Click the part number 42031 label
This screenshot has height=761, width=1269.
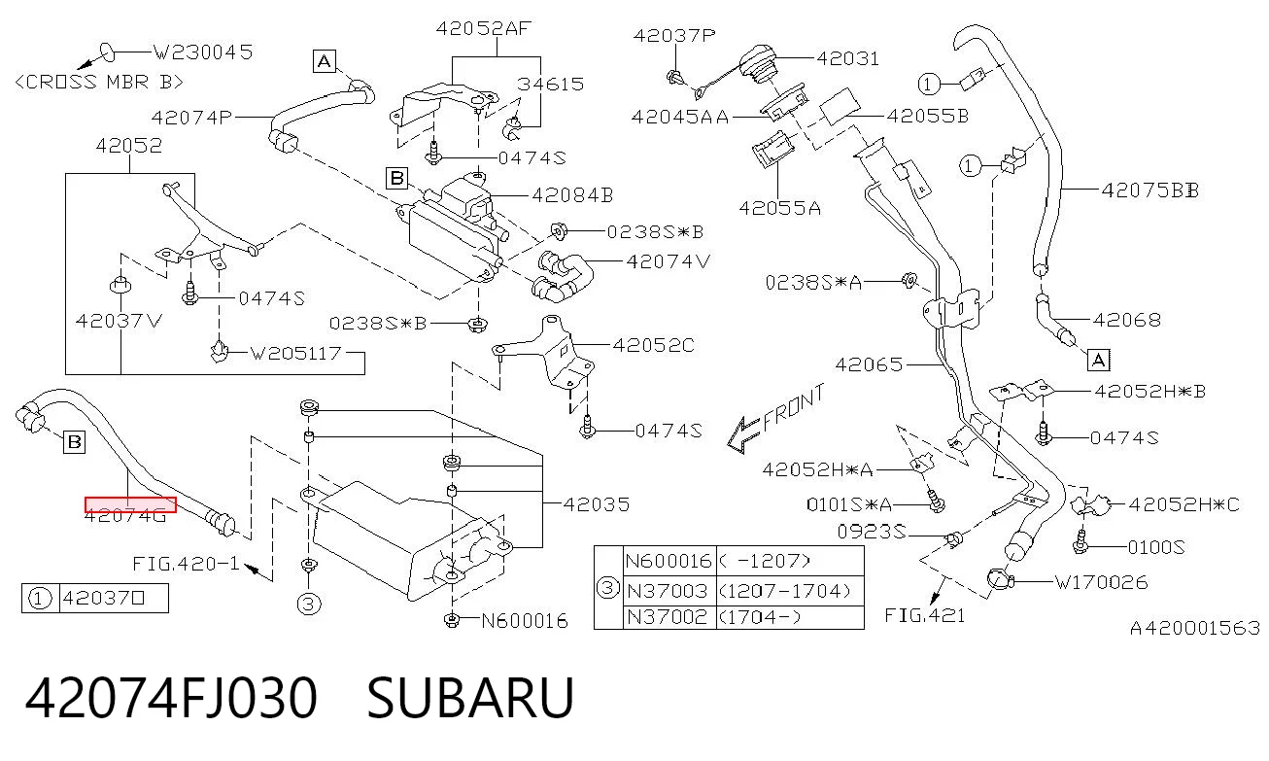pyautogui.click(x=847, y=58)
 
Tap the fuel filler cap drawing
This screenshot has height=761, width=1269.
pyautogui.click(x=759, y=64)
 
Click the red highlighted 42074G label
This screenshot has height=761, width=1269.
pyautogui.click(x=130, y=504)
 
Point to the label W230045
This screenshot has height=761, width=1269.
pyautogui.click(x=203, y=52)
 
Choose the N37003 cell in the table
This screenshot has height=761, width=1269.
pyautogui.click(x=668, y=591)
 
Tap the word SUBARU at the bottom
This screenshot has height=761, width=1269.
pyautogui.click(x=471, y=698)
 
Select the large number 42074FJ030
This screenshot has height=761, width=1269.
pyautogui.click(x=171, y=698)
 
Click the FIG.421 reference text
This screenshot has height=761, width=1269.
pyautogui.click(x=925, y=615)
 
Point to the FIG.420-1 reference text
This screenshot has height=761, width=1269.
pyautogui.click(x=186, y=564)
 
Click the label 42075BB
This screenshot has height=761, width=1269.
pyautogui.click(x=1150, y=190)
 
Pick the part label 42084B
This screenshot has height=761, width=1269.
pyautogui.click(x=572, y=195)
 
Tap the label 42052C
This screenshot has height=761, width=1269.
pyautogui.click(x=654, y=345)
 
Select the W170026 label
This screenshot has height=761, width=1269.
pyautogui.click(x=1101, y=582)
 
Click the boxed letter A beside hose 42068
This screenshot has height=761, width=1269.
pyautogui.click(x=1099, y=361)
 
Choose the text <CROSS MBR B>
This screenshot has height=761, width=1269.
pyautogui.click(x=99, y=83)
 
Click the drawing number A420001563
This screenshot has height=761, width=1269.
pyautogui.click(x=1195, y=628)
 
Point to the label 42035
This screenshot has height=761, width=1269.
pyautogui.click(x=597, y=504)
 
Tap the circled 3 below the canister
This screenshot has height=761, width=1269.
pyautogui.click(x=309, y=605)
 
